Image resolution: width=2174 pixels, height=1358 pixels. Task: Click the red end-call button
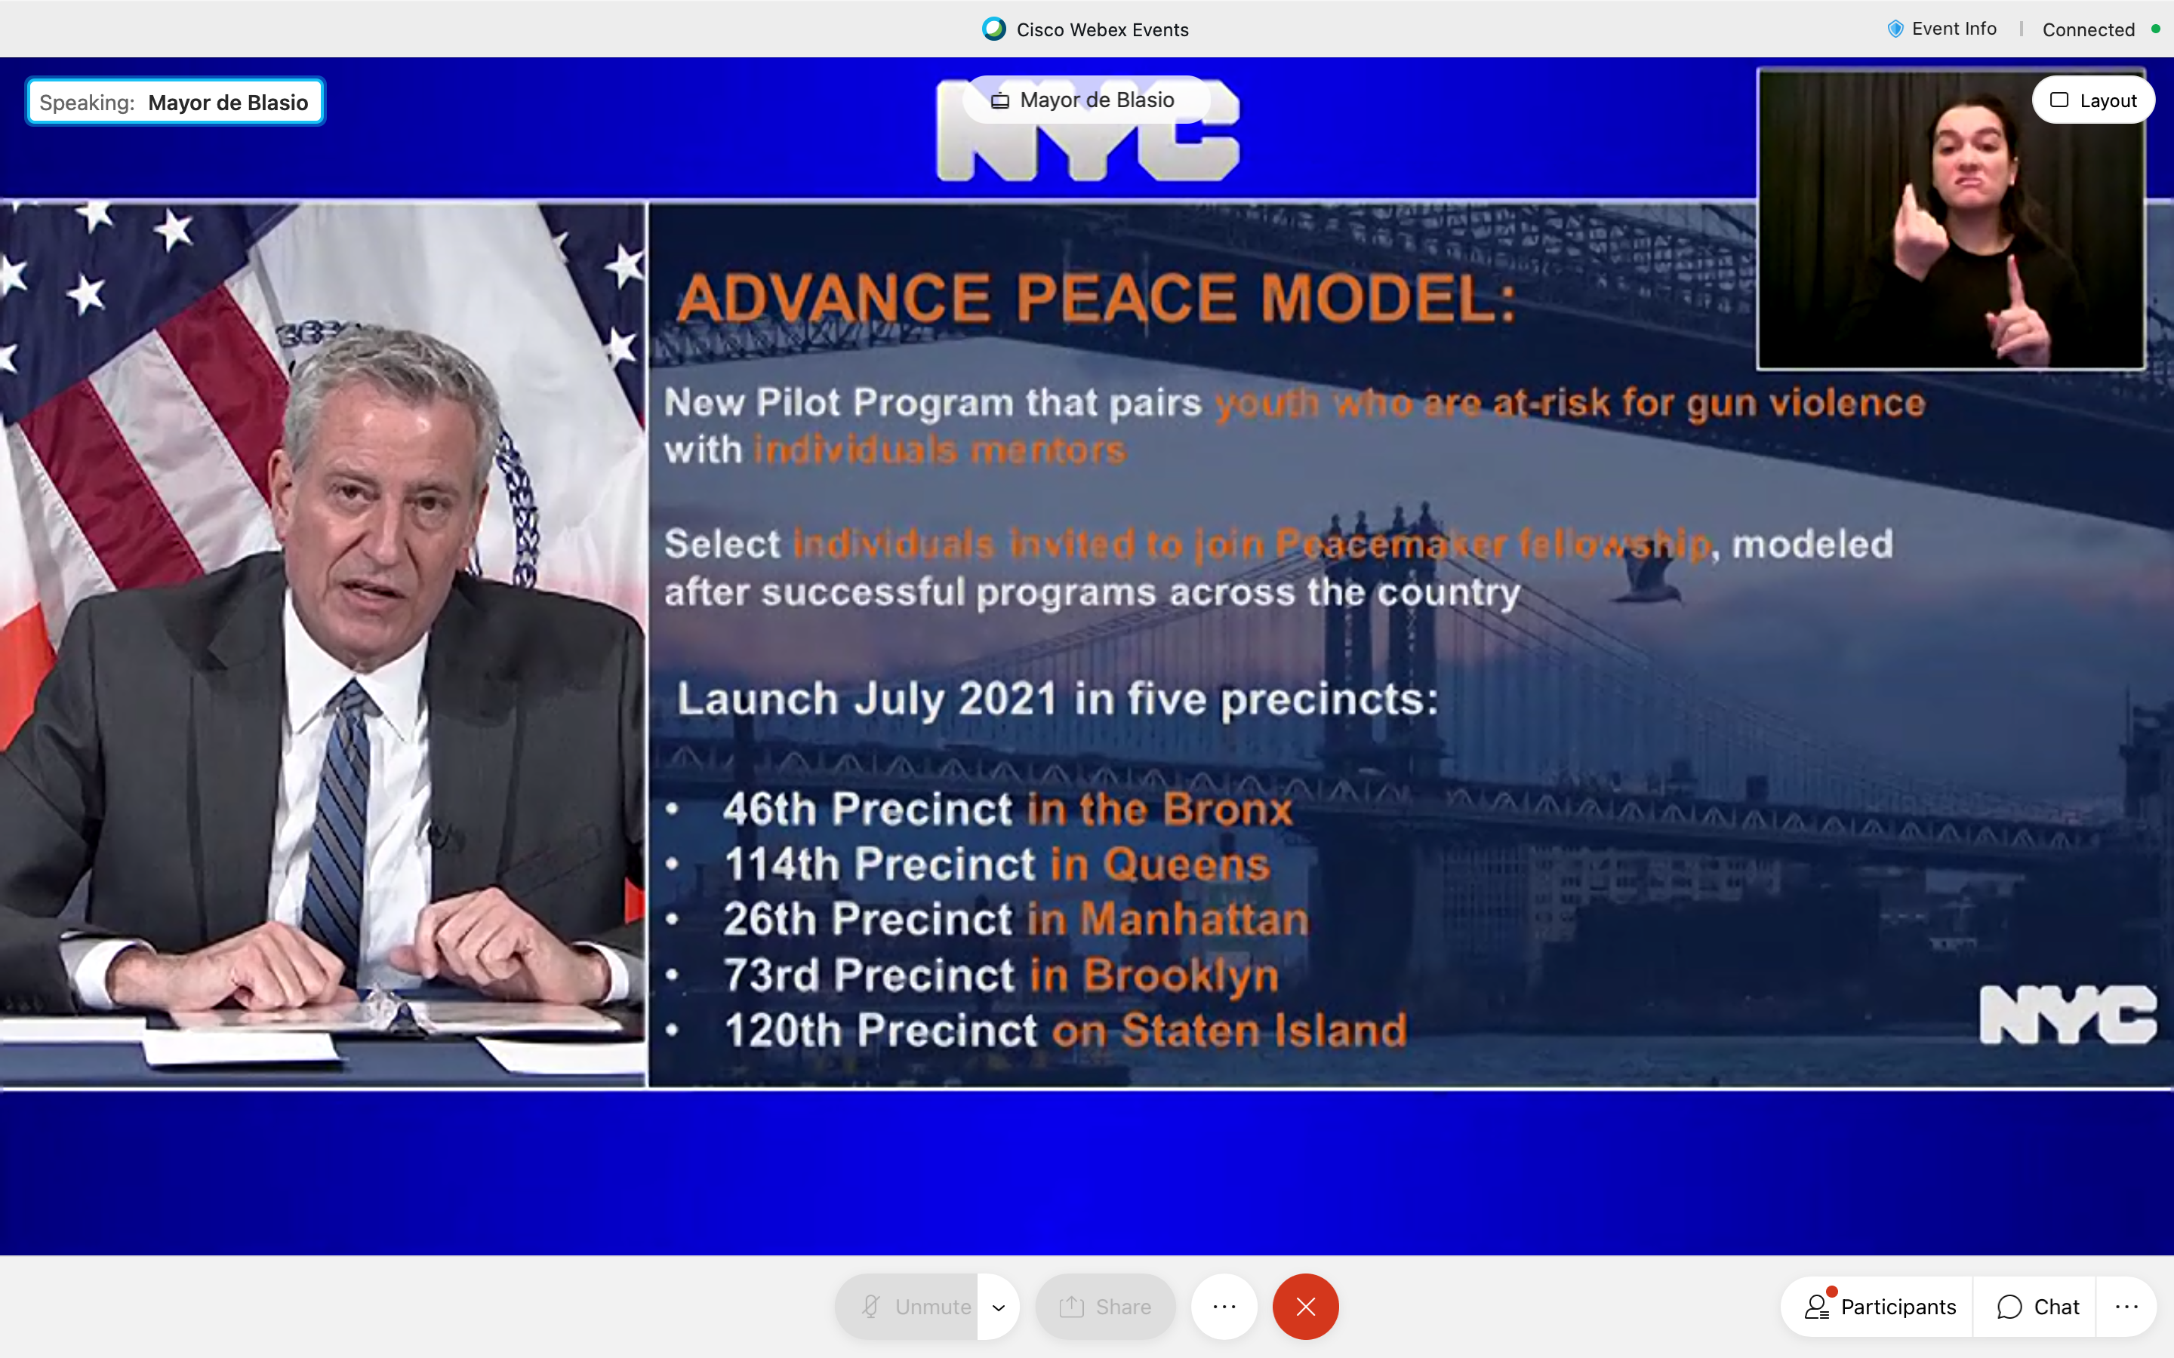(x=1305, y=1306)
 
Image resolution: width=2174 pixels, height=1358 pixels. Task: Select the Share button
(x=1105, y=1306)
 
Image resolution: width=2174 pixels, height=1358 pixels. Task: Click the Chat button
(x=2037, y=1306)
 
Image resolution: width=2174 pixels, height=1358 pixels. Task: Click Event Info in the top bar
(x=1942, y=29)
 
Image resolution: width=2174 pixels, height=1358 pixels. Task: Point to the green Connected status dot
(x=2155, y=29)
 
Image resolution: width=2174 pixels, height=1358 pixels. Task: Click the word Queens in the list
(x=1187, y=864)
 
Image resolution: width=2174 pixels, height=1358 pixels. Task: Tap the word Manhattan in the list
(x=1195, y=919)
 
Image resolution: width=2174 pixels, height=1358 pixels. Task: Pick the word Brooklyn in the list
(x=1181, y=976)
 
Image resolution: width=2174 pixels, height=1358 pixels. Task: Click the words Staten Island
(x=1264, y=1030)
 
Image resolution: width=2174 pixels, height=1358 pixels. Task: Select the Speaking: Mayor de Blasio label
(x=174, y=103)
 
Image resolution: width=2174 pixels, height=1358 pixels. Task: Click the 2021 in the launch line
(x=1008, y=699)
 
